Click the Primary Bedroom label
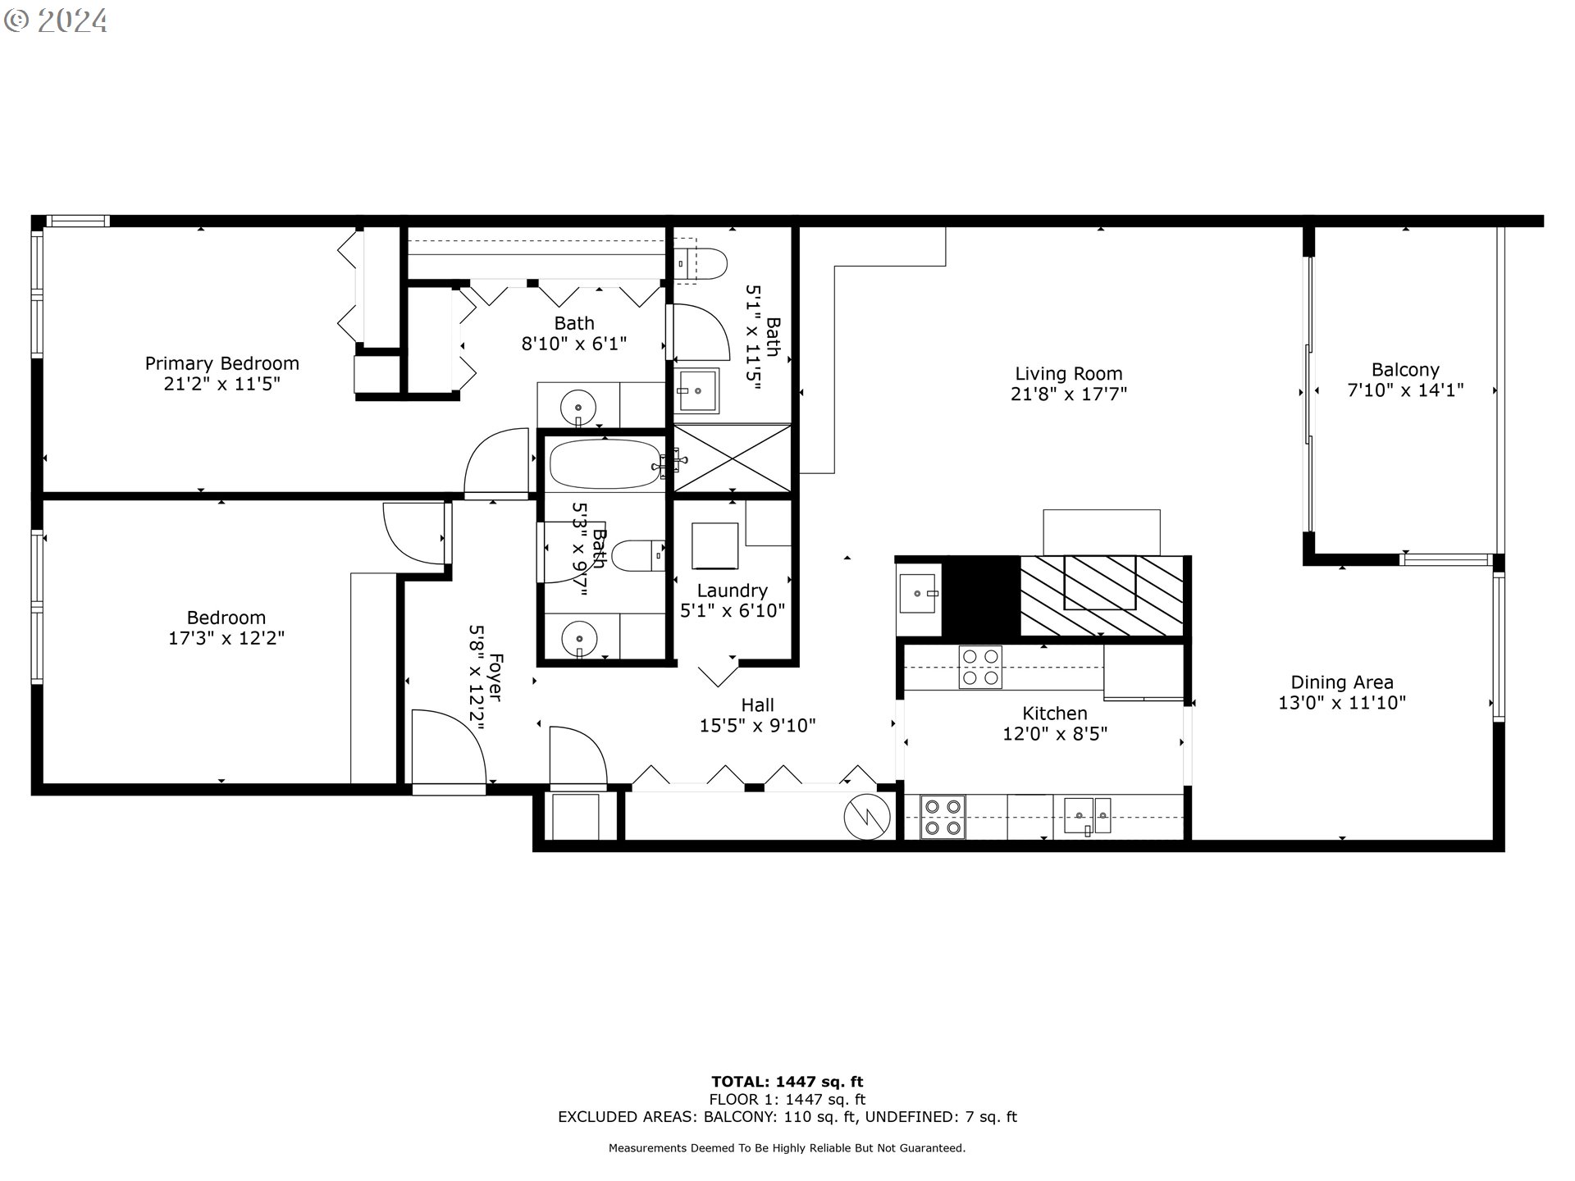(221, 363)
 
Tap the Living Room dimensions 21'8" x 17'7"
(1069, 394)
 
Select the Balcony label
(1405, 370)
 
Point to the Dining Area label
(1342, 682)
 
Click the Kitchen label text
(1055, 714)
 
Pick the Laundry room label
(733, 590)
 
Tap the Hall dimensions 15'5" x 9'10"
(757, 726)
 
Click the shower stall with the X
(733, 459)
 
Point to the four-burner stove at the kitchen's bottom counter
(943, 818)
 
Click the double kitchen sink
(1088, 816)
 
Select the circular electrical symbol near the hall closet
(868, 817)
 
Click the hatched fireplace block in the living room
(1102, 595)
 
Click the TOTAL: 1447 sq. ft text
(787, 1082)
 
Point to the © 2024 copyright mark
(56, 21)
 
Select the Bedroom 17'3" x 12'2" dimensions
(226, 638)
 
